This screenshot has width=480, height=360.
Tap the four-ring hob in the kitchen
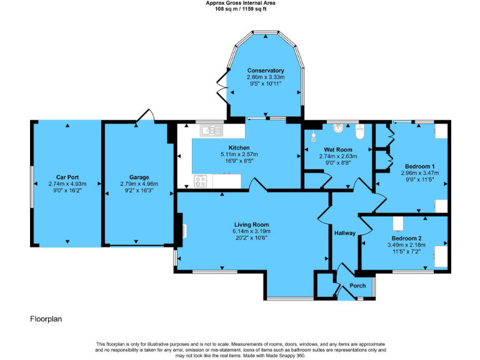[x=201, y=181]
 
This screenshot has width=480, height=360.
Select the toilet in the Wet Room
[x=359, y=132]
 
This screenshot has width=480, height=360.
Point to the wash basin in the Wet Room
[x=339, y=129]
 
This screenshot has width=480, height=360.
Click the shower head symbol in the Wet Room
[x=314, y=134]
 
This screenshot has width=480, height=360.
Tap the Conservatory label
[x=265, y=71]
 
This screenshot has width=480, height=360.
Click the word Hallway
[x=344, y=233]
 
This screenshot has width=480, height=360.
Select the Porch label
[x=357, y=286]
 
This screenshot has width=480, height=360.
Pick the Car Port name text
[x=67, y=177]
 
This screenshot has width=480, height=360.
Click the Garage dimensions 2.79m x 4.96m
[x=139, y=184]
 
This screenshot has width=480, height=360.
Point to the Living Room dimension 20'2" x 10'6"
[x=251, y=237]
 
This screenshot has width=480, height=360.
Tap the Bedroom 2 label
[x=406, y=239]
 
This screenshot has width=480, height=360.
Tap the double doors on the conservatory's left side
[x=222, y=86]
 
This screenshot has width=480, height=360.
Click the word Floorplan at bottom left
[x=46, y=319]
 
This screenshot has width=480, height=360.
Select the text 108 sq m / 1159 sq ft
[x=240, y=9]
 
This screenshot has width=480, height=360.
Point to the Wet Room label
[x=337, y=150]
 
